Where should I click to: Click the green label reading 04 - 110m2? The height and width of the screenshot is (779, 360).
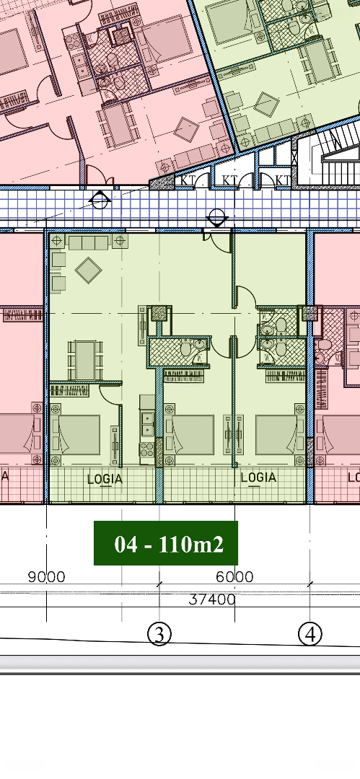click(166, 543)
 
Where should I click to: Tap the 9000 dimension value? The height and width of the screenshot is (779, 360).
click(46, 577)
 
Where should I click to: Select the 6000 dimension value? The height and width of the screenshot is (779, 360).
click(234, 577)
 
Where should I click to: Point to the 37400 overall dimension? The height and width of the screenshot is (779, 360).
click(212, 599)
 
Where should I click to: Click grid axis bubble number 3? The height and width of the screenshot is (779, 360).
click(159, 635)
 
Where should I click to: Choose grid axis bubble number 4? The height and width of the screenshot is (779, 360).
click(310, 635)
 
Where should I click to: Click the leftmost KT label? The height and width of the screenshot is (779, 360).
click(188, 180)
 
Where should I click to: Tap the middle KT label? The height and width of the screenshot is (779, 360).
click(229, 180)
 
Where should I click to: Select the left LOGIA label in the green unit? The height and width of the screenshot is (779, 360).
click(105, 480)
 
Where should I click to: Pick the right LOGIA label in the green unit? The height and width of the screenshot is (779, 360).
click(258, 477)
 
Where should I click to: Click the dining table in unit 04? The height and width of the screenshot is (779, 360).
click(86, 360)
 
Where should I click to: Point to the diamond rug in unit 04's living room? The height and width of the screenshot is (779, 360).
click(89, 270)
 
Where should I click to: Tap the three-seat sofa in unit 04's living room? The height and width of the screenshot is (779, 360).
click(89, 242)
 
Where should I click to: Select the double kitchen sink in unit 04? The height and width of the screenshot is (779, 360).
click(147, 424)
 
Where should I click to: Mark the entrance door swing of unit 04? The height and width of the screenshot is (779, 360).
click(221, 242)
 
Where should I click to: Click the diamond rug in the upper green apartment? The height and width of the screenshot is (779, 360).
click(266, 104)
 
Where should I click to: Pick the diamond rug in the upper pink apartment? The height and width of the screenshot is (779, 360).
click(186, 129)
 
